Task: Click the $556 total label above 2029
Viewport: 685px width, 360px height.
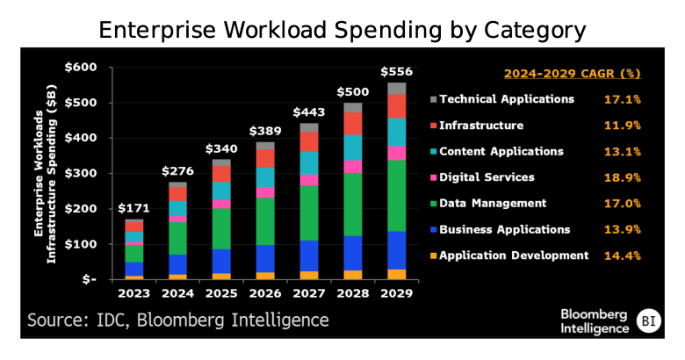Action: click(397, 71)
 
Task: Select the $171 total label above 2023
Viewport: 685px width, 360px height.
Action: click(133, 208)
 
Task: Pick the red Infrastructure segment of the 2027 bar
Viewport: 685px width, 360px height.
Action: click(309, 141)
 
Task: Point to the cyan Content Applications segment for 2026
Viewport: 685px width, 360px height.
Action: click(265, 177)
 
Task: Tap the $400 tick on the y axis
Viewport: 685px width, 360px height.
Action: click(80, 138)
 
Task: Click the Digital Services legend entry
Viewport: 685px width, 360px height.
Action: click(486, 177)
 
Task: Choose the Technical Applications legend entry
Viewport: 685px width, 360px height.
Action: click(506, 99)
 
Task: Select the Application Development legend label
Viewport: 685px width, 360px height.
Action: click(513, 256)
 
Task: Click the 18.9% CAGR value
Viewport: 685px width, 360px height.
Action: click(622, 177)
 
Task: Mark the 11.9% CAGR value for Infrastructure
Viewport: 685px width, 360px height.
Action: click(622, 126)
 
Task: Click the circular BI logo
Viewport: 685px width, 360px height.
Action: click(649, 320)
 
